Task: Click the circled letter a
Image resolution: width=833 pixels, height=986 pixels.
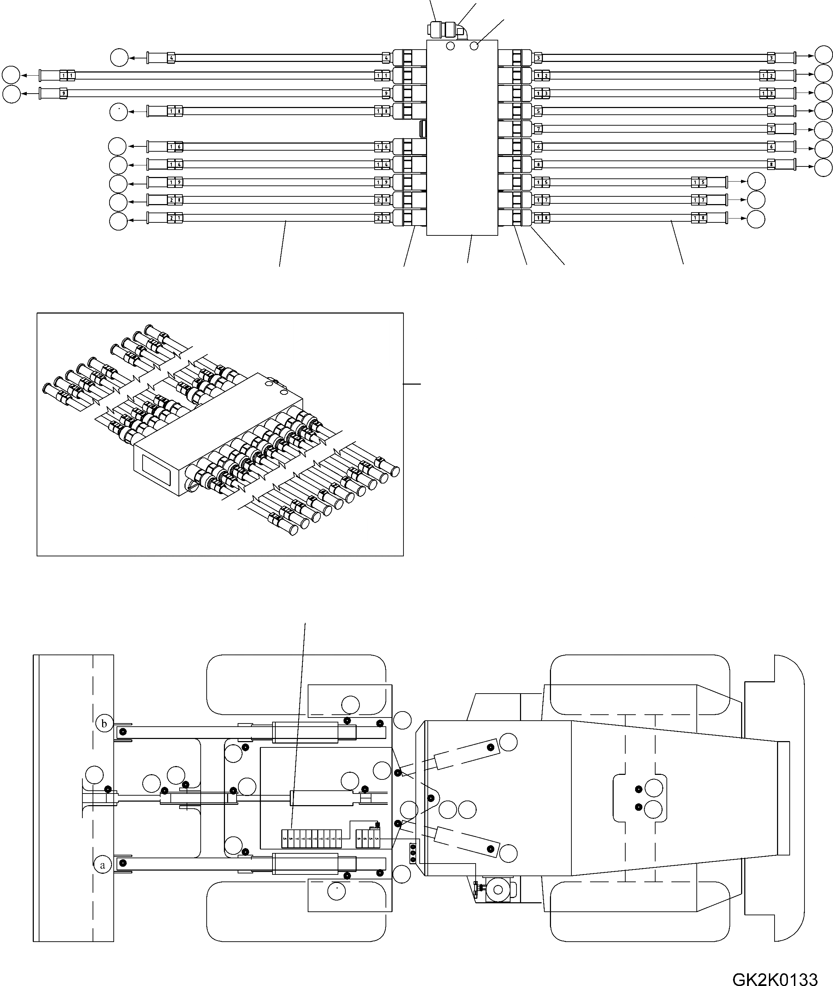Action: pos(102,865)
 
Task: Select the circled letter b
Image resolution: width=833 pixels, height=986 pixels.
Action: pos(104,723)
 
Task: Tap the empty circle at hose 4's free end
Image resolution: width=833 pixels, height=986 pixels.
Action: pos(119,58)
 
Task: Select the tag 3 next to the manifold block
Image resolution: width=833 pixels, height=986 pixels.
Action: pos(538,58)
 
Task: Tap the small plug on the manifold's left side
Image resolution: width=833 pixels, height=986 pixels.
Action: pos(422,128)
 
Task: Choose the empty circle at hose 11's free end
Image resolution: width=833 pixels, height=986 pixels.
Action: pos(11,75)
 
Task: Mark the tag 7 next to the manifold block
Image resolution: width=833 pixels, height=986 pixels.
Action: pos(538,129)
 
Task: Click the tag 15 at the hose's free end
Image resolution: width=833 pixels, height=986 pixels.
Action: pos(699,182)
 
